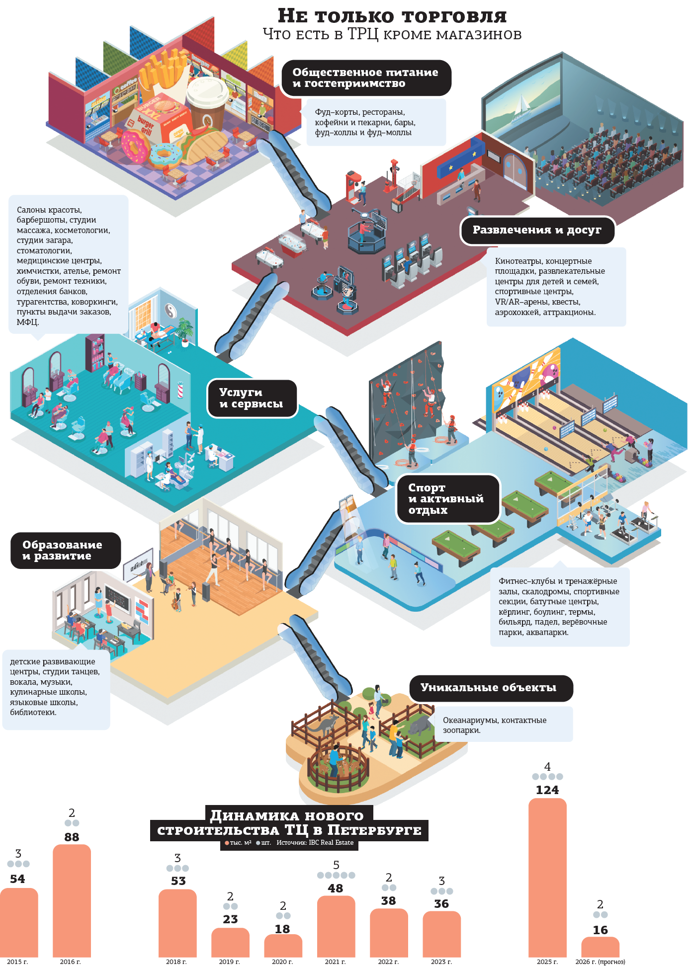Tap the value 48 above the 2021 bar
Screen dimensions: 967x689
pos(336,888)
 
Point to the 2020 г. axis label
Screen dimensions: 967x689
pos(282,962)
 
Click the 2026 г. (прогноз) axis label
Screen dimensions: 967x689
pos(600,962)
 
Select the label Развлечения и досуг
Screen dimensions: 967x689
pos(537,230)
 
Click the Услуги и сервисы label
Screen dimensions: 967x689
pos(252,399)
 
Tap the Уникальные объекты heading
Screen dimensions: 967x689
pos(489,688)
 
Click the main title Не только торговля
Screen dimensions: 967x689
pos(392,16)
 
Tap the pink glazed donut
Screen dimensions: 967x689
pos(133,146)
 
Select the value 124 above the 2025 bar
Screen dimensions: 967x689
pos(547,790)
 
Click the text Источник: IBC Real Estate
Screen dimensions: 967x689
pos(315,842)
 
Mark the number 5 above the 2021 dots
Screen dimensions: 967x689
pos(336,865)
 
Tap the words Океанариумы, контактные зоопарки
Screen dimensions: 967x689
pos(495,725)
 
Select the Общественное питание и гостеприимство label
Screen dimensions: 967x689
pos(365,78)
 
